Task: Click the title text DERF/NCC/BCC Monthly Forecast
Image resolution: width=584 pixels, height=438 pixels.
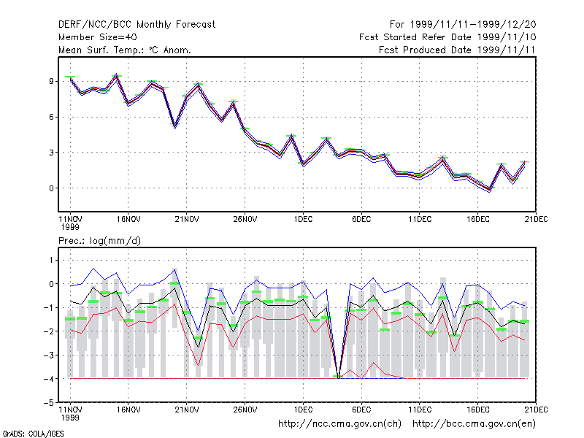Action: pyautogui.click(x=137, y=25)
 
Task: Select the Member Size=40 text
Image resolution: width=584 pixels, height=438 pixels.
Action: pyautogui.click(x=98, y=37)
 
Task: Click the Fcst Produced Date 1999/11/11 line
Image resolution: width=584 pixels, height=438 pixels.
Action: pyautogui.click(x=457, y=50)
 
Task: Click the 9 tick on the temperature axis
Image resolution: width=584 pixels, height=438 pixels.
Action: pyautogui.click(x=51, y=81)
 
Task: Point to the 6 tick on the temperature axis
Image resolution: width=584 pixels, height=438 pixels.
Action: pyautogui.click(x=51, y=117)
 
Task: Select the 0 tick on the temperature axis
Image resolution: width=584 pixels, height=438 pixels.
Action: pyautogui.click(x=51, y=188)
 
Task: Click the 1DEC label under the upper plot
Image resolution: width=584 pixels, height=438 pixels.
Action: pyautogui.click(x=303, y=220)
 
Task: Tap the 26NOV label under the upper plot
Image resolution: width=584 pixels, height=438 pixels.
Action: pyautogui.click(x=245, y=220)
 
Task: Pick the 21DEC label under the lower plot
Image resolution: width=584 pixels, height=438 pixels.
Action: pyautogui.click(x=536, y=410)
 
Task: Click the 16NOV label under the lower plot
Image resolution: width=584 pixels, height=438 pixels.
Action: pyautogui.click(x=128, y=410)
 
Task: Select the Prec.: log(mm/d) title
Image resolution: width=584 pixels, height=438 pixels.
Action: pyautogui.click(x=99, y=241)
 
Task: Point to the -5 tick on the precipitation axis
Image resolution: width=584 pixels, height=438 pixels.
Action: pyautogui.click(x=49, y=403)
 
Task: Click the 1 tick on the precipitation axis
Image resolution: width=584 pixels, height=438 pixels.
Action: pyautogui.click(x=51, y=260)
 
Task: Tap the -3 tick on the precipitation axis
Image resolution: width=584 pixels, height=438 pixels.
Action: pyautogui.click(x=49, y=356)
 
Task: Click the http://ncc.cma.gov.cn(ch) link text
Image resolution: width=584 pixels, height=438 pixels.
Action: pyautogui.click(x=339, y=424)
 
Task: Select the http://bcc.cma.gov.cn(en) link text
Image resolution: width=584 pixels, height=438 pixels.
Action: pyautogui.click(x=474, y=424)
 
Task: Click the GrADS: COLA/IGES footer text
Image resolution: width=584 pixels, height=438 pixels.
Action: pyautogui.click(x=33, y=434)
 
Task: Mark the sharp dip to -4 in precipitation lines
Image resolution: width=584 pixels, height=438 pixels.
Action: pyautogui.click(x=338, y=377)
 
